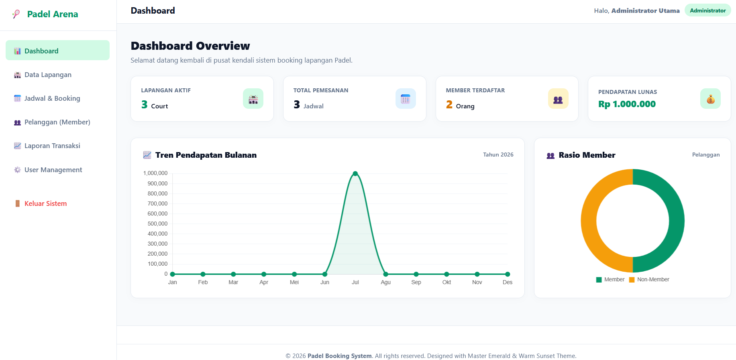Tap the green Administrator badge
coord(707,10)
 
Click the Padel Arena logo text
coord(53,14)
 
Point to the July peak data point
coord(355,174)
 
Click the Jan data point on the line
coord(173,274)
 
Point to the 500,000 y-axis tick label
coord(157,224)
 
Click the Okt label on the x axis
coord(446,282)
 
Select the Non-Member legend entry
coord(649,279)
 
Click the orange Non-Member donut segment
coord(589,221)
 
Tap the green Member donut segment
coord(677,221)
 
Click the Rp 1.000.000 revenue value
coord(627,104)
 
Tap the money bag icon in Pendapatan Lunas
coord(710,99)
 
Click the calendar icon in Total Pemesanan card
coord(406,99)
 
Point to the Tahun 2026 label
coord(498,155)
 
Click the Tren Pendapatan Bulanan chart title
coord(206,155)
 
